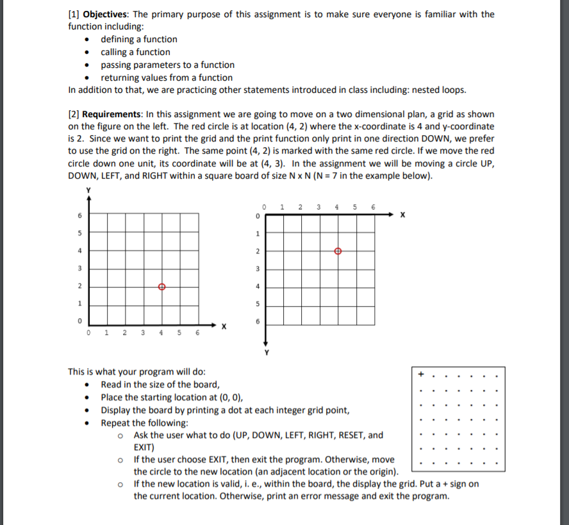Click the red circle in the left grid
coord(161,286)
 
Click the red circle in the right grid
coord(338,252)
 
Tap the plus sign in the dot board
coord(421,373)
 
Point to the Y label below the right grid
coord(265,351)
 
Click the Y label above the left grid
coord(89,190)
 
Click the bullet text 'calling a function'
coord(135,52)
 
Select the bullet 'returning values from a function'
coord(167,77)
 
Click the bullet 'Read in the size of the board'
coord(160,384)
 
